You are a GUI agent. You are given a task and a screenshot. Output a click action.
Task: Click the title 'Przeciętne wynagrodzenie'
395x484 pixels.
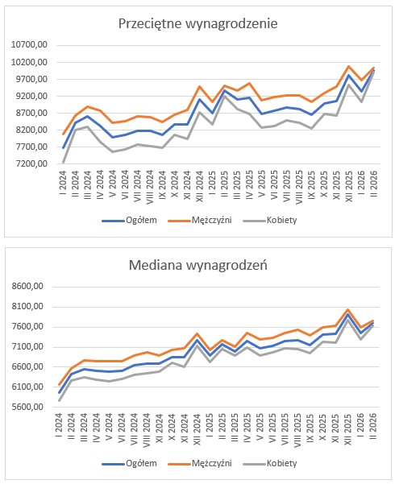(x=197, y=24)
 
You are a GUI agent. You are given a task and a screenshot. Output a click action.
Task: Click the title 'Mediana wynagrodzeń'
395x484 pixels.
(x=197, y=265)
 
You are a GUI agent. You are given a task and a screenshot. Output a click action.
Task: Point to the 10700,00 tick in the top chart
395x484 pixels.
(x=29, y=45)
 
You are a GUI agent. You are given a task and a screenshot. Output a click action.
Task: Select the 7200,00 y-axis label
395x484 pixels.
(x=29, y=163)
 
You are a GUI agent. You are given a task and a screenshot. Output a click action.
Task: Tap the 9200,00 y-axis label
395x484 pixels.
(x=29, y=96)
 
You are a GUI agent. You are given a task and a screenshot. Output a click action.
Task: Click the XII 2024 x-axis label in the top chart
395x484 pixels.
(x=199, y=186)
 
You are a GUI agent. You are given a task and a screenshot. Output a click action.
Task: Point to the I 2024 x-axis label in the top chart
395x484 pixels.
(x=63, y=181)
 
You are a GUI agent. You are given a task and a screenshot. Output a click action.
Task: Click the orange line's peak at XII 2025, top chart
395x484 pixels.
(x=348, y=66)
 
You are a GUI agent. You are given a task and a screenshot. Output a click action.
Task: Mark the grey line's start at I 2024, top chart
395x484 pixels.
(x=63, y=163)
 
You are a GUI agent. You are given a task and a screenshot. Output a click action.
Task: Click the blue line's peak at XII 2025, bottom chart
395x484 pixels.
(x=347, y=315)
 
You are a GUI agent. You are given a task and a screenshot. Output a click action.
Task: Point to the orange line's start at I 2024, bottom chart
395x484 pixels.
(x=59, y=385)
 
